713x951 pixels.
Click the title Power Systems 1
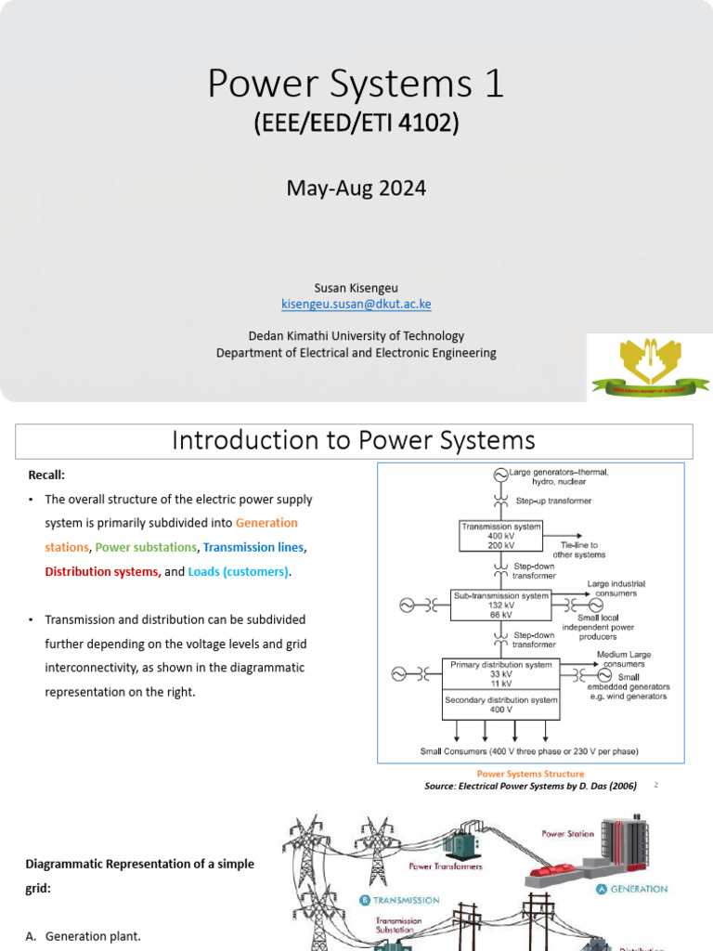point(356,85)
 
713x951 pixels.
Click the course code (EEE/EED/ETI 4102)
point(356,124)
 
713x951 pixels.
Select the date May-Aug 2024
point(356,189)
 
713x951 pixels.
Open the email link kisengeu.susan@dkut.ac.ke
point(356,304)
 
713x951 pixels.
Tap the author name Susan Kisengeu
point(356,288)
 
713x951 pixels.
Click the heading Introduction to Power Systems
point(354,439)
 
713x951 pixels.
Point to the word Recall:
point(46,475)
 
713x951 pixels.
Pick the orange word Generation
point(267,523)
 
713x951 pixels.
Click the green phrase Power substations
point(146,548)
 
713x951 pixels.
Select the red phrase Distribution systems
point(102,572)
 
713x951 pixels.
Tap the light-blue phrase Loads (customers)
point(239,572)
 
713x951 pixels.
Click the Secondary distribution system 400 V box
point(501,705)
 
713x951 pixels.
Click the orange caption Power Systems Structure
point(530,774)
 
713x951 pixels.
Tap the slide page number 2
point(655,785)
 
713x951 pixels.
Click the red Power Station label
point(567,834)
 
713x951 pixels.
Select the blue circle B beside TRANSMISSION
point(365,900)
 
